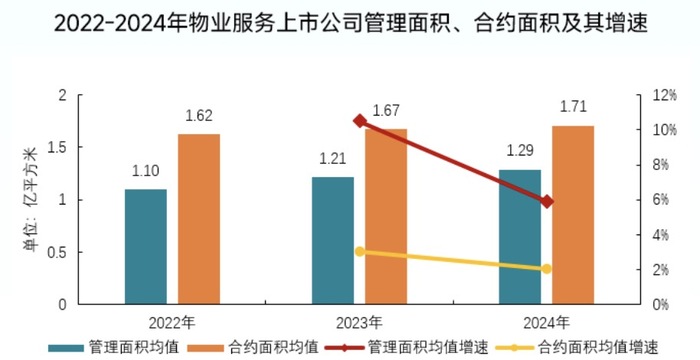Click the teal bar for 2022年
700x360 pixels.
146,246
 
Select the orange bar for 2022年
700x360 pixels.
199,219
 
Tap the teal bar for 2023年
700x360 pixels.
333,240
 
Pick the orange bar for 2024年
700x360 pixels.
573,214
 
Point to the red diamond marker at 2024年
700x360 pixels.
546,202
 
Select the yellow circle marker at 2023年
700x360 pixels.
360,252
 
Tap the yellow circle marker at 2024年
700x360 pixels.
546,269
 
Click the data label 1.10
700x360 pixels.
146,171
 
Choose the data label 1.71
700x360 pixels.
573,107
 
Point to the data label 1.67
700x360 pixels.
386,110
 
